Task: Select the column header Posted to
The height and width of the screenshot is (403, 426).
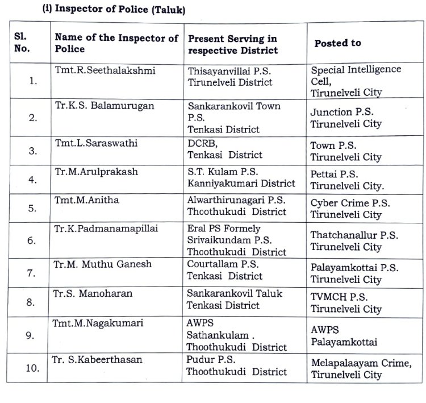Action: pyautogui.click(x=337, y=43)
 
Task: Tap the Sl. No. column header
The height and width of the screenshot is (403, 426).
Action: pyautogui.click(x=24, y=43)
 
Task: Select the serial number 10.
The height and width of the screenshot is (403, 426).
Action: pyautogui.click(x=32, y=367)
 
